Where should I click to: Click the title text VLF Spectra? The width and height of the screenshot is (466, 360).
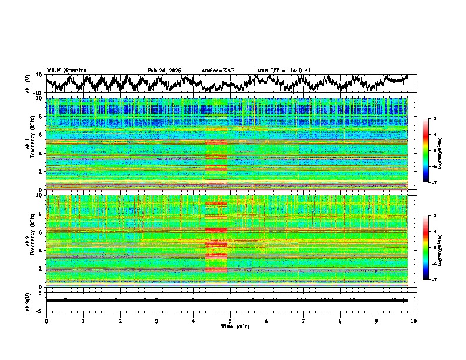click(x=66, y=70)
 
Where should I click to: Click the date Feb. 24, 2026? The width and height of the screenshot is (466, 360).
click(x=164, y=71)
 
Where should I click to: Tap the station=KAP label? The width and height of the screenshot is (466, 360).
click(x=218, y=71)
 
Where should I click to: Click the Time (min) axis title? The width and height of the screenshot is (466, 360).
click(x=235, y=326)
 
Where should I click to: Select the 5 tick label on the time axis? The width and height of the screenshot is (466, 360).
click(x=230, y=321)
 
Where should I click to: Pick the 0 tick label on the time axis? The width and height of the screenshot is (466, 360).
click(x=46, y=321)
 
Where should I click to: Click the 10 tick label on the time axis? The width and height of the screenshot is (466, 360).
click(x=414, y=321)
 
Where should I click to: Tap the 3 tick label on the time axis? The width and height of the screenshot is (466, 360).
click(x=157, y=321)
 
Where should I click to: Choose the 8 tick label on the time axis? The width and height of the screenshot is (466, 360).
click(x=340, y=321)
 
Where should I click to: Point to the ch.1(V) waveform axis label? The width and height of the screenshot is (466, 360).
click(x=29, y=83)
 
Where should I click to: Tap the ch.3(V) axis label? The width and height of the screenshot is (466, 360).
click(x=29, y=301)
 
